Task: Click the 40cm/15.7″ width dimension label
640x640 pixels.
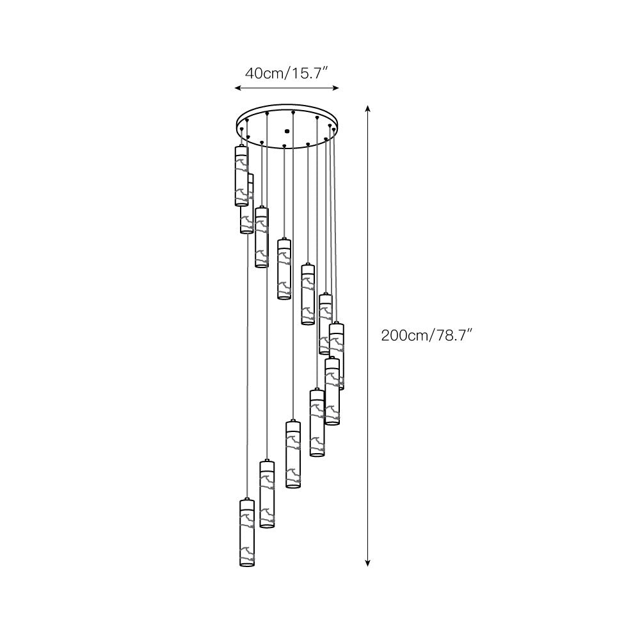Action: pos(287,73)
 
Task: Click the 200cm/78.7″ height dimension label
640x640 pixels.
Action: pos(426,335)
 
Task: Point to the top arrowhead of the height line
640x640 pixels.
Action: pos(367,109)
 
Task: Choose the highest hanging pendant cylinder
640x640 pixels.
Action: pos(241,176)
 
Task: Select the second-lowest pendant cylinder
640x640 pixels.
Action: pos(267,493)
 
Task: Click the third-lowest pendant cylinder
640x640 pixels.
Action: pos(293,454)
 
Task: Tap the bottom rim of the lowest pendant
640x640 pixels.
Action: pos(247,564)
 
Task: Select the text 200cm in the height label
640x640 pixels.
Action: pos(402,335)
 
